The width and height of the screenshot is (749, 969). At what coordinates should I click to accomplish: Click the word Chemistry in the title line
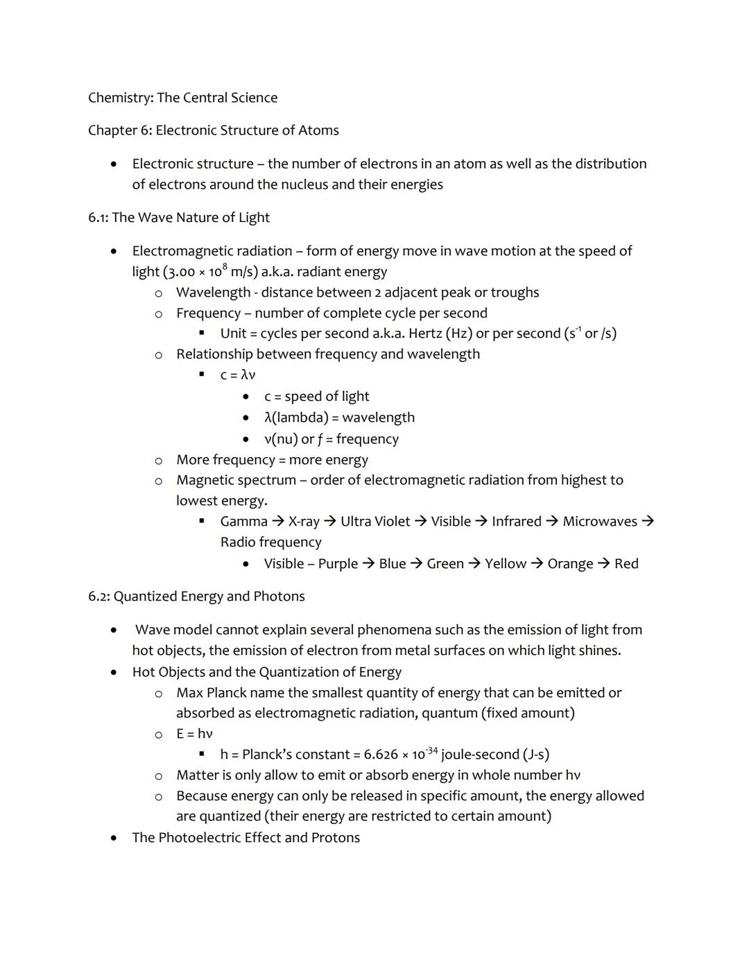point(120,98)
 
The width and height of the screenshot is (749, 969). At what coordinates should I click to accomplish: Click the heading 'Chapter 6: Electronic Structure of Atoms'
point(214,130)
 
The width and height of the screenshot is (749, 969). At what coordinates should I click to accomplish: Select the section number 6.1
point(97,218)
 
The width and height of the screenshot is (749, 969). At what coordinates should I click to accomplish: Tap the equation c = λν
point(238,375)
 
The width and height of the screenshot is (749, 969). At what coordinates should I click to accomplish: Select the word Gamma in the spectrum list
point(243,522)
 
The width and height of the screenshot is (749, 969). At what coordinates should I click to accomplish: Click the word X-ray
point(304,522)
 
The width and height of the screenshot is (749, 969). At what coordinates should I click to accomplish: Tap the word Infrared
point(516,522)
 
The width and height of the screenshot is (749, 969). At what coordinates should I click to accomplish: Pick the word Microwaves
point(599,522)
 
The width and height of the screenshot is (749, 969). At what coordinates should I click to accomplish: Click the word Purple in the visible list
point(338,564)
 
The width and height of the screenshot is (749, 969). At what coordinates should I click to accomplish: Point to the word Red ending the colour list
point(626,564)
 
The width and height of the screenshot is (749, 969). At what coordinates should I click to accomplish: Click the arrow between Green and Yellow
point(474,564)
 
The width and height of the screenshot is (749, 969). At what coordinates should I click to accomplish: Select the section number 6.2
point(98,597)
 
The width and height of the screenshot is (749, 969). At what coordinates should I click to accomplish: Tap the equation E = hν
point(194,734)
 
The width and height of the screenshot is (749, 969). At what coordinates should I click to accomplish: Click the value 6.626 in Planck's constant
point(381,755)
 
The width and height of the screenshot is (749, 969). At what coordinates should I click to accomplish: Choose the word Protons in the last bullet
point(336,838)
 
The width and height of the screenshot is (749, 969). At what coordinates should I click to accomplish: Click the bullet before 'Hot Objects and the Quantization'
point(114,673)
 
